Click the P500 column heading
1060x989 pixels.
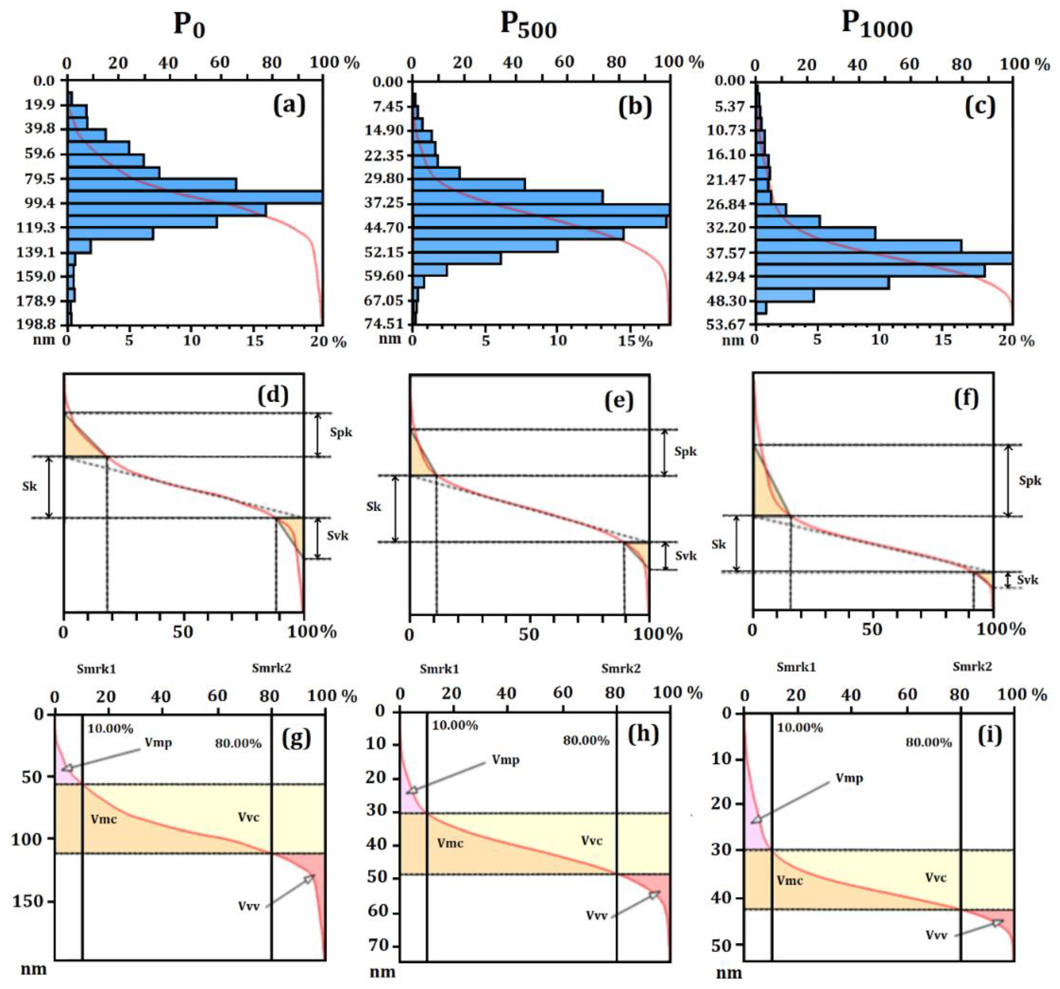[x=528, y=25]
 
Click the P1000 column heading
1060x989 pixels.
[x=876, y=25]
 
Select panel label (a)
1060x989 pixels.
[x=289, y=105]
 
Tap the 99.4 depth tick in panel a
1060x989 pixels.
[x=40, y=203]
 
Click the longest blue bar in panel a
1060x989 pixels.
[x=195, y=197]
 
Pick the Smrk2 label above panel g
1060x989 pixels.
[x=271, y=668]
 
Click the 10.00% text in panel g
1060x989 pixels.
[x=110, y=729]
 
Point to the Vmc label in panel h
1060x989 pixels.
[x=450, y=844]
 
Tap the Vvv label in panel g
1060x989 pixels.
[x=249, y=906]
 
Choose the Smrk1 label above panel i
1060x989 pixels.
[x=796, y=667]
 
